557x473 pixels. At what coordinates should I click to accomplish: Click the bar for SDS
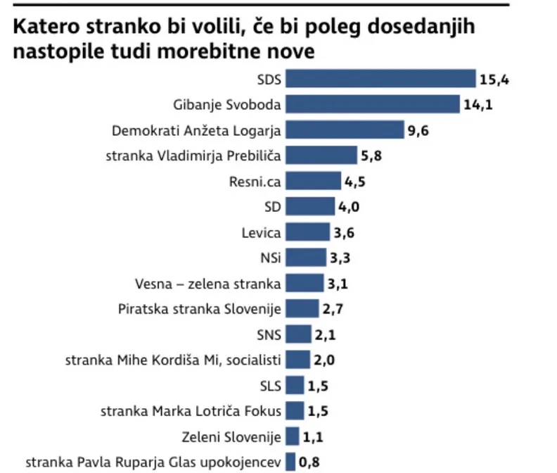click(x=380, y=79)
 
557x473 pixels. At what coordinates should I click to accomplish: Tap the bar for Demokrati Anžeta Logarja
click(x=345, y=130)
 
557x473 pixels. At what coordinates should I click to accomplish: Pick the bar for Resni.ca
click(x=313, y=181)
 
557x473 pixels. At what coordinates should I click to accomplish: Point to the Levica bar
click(x=307, y=232)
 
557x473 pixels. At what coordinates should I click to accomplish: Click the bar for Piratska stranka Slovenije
click(x=302, y=308)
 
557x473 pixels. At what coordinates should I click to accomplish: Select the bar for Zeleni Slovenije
click(x=292, y=436)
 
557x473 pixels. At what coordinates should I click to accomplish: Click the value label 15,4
click(x=494, y=79)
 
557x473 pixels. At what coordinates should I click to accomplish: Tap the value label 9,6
click(x=417, y=130)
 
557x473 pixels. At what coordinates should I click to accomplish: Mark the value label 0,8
click(x=309, y=462)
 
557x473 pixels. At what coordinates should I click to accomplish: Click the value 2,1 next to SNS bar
click(x=325, y=334)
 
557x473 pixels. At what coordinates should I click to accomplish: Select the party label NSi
click(x=271, y=258)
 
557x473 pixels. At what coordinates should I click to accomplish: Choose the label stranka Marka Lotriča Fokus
click(x=191, y=411)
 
